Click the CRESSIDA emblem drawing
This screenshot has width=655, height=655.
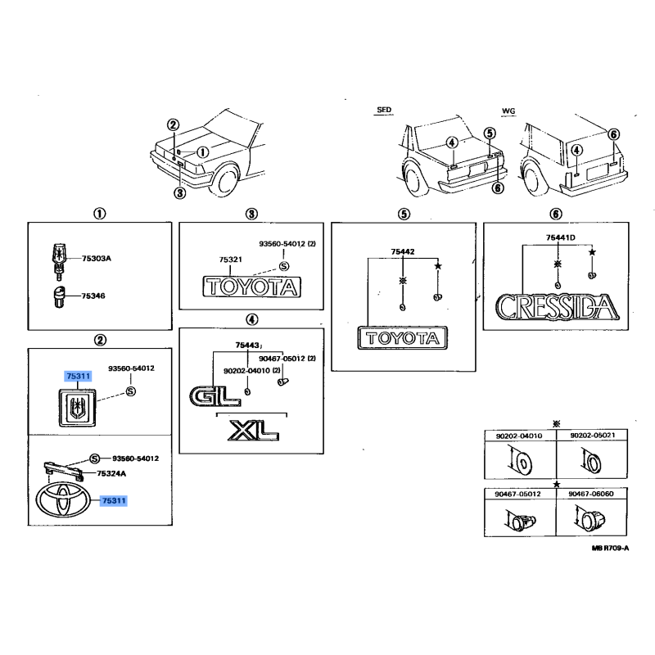click(557, 307)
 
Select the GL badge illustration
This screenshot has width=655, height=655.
click(215, 395)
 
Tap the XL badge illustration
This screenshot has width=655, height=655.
click(254, 431)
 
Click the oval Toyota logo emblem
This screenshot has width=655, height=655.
click(63, 500)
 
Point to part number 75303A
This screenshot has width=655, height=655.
click(97, 258)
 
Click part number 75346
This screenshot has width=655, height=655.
click(93, 296)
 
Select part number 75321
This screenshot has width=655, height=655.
click(231, 260)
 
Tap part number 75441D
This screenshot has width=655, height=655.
click(561, 237)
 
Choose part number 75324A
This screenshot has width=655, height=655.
click(111, 473)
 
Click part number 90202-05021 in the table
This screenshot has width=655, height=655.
click(592, 436)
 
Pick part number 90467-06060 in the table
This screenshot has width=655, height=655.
click(591, 494)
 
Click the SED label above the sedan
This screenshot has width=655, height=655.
click(384, 110)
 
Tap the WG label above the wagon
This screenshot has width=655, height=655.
click(508, 111)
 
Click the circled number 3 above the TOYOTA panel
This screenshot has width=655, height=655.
click(251, 214)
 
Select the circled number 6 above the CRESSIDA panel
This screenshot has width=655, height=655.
click(556, 214)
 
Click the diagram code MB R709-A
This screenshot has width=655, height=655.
click(610, 548)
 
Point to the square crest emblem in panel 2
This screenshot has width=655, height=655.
click(77, 407)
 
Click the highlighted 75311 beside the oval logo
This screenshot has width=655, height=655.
click(114, 500)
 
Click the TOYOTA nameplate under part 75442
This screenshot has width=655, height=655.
click(403, 338)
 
